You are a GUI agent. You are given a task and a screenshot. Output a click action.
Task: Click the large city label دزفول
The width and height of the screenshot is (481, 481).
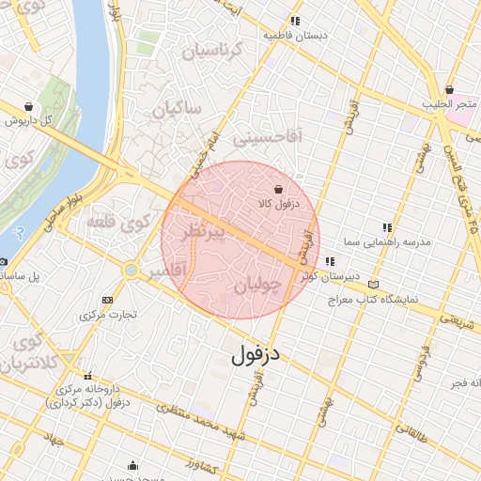[256, 355]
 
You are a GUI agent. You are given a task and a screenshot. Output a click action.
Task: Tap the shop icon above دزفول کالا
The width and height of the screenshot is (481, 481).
[277, 189]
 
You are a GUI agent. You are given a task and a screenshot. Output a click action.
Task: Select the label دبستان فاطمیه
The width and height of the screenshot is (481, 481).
[297, 36]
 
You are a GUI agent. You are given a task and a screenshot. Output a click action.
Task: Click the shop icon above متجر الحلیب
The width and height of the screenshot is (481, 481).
[451, 89]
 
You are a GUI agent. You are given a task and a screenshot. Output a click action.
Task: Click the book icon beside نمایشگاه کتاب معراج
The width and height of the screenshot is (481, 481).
[376, 285]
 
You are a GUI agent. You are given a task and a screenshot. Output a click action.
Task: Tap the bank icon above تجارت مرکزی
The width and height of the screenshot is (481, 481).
[107, 301]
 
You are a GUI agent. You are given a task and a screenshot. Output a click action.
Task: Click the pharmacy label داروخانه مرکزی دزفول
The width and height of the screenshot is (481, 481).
[92, 395]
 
